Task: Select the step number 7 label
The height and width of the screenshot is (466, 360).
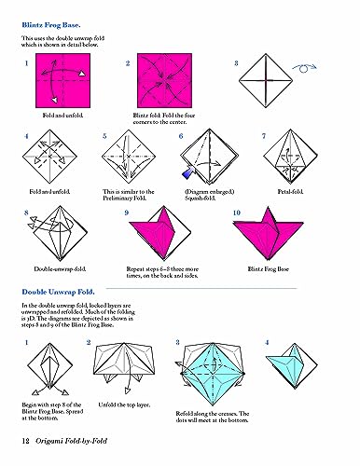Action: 264,136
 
